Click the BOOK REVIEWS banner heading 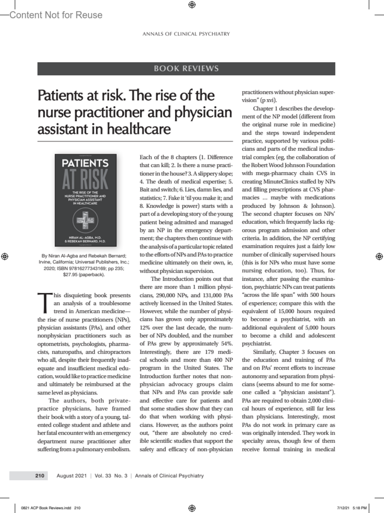(x=186, y=68)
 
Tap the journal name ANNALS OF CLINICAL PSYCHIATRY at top (x=186, y=34)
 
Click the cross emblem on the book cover (x=85, y=220)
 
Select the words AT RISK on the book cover (x=85, y=180)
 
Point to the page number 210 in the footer (x=40, y=476)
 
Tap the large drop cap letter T (x=45, y=303)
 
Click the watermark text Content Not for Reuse (x=56, y=15)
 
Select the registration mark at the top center (x=192, y=4)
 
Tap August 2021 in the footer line (x=72, y=476)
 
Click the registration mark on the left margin (x=4, y=256)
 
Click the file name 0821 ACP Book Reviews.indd (x=46, y=508)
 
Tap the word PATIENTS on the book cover (x=85, y=163)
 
